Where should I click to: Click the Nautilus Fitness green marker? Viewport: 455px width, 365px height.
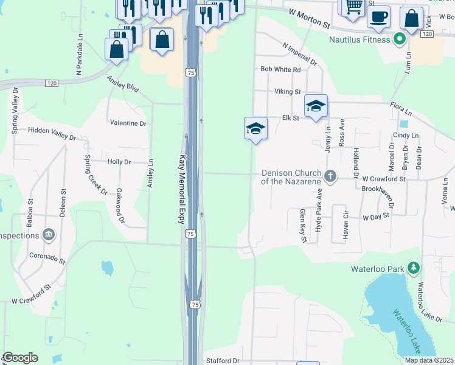(x=399, y=40)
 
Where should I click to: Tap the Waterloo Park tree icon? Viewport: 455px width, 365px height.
(x=414, y=268)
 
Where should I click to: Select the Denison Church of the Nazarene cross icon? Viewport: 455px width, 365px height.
(x=330, y=176)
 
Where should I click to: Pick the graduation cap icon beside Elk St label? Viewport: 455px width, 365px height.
(x=316, y=106)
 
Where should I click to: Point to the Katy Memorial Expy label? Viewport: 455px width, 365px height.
(x=181, y=189)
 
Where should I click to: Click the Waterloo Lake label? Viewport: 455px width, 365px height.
(x=406, y=331)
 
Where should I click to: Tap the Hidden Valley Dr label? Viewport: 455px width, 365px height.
(x=52, y=133)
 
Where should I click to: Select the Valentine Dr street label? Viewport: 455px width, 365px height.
(x=128, y=123)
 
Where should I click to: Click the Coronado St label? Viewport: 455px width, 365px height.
(x=47, y=258)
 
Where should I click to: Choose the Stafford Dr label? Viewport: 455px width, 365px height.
(x=223, y=361)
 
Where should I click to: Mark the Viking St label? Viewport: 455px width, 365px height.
(x=288, y=92)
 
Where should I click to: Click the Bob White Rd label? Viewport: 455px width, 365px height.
(x=280, y=70)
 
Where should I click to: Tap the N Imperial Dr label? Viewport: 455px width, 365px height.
(x=300, y=54)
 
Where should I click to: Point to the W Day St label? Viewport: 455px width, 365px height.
(x=375, y=217)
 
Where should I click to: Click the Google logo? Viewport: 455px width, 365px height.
(x=20, y=358)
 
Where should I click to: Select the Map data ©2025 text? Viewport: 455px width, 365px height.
(x=429, y=360)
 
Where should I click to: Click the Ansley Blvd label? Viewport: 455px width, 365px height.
(x=123, y=83)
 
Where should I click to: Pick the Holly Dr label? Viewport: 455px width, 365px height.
(x=119, y=162)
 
